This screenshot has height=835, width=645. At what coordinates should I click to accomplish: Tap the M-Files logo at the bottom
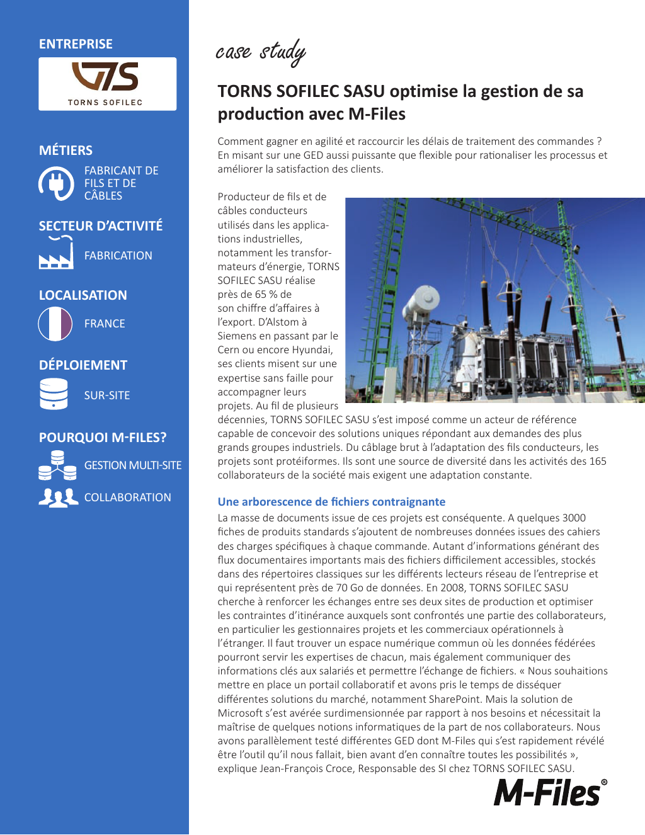tap(550, 793)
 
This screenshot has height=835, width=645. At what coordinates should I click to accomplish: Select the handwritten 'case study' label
tap(261, 52)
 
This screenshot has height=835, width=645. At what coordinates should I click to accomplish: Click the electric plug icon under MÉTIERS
tap(57, 183)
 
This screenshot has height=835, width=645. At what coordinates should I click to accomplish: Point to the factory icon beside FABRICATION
tap(57, 254)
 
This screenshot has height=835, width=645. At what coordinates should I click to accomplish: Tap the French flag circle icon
tap(55, 324)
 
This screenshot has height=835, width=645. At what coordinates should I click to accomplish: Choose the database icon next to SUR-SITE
tap(54, 394)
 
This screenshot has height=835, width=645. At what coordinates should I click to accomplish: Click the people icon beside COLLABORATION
tap(58, 497)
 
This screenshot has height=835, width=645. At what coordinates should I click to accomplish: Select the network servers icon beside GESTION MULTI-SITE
tap(57, 465)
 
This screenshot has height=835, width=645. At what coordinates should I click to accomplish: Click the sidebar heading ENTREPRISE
tap(76, 44)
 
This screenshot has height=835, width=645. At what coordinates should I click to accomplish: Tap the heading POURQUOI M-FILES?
tap(103, 438)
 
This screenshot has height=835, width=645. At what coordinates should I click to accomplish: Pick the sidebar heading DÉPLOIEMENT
tap(83, 365)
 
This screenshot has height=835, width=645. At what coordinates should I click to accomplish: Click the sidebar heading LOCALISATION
tap(83, 295)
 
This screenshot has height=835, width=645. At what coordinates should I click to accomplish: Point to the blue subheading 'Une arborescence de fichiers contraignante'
tap(331, 502)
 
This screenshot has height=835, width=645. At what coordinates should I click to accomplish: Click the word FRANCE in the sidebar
tap(105, 324)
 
